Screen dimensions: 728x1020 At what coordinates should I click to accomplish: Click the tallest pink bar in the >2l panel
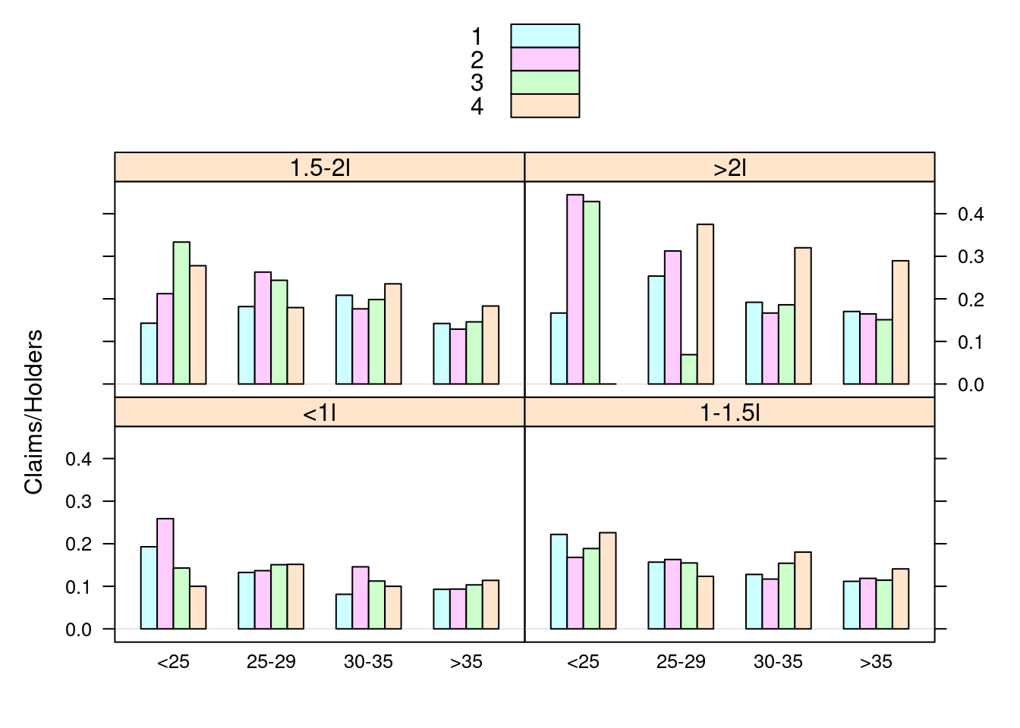pyautogui.click(x=575, y=290)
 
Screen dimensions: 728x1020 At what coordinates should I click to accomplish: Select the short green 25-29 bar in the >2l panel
pyautogui.click(x=689, y=369)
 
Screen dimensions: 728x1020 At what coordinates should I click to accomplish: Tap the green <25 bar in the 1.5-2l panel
pyautogui.click(x=181, y=313)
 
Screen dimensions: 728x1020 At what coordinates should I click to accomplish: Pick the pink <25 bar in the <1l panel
pyautogui.click(x=165, y=574)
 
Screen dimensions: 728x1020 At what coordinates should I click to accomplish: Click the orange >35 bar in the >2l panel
pyautogui.click(x=900, y=322)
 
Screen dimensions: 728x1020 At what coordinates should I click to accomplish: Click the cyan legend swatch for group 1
pyautogui.click(x=545, y=36)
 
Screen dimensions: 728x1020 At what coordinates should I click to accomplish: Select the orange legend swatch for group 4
pyautogui.click(x=545, y=105)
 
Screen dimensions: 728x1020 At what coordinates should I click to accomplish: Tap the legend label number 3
pyautogui.click(x=477, y=83)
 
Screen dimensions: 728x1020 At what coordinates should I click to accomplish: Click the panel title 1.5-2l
pyautogui.click(x=320, y=168)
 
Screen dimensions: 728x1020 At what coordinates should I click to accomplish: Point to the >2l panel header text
pyautogui.click(x=729, y=168)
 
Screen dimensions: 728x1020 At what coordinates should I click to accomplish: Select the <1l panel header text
pyautogui.click(x=320, y=413)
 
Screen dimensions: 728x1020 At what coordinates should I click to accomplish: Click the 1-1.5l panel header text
pyautogui.click(x=729, y=413)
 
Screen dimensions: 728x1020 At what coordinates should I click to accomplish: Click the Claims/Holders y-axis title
pyautogui.click(x=33, y=412)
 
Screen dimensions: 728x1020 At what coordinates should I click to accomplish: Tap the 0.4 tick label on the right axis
pyautogui.click(x=971, y=215)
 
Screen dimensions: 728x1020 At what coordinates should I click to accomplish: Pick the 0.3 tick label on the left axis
pyautogui.click(x=78, y=502)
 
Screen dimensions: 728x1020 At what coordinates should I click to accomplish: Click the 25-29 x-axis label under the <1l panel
pyautogui.click(x=271, y=662)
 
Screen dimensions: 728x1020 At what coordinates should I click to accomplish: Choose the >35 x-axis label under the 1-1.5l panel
pyautogui.click(x=876, y=662)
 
